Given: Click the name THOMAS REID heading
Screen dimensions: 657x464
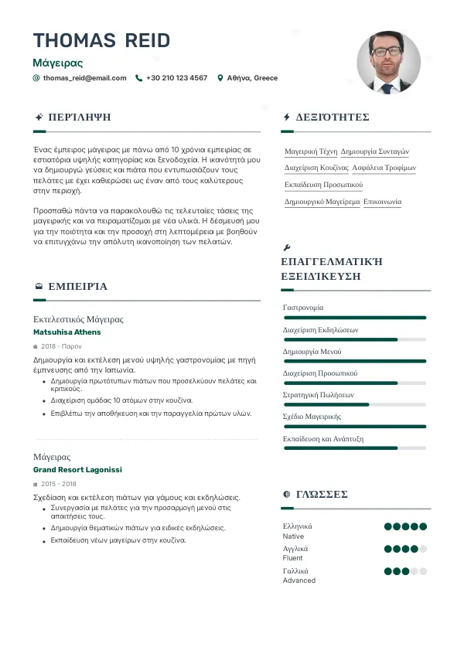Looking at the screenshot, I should pyautogui.click(x=101, y=40).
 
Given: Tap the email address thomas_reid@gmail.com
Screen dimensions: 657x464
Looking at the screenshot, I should pyautogui.click(x=84, y=78).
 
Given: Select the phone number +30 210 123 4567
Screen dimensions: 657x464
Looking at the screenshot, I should pyautogui.click(x=176, y=78).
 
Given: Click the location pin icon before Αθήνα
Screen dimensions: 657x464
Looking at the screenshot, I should pyautogui.click(x=220, y=78).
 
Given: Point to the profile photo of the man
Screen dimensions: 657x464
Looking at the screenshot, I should pyautogui.click(x=388, y=63).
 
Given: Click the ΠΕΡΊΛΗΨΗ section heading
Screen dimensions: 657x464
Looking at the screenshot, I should pyautogui.click(x=79, y=117).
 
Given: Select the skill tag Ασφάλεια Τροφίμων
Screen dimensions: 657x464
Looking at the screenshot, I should pyautogui.click(x=384, y=168).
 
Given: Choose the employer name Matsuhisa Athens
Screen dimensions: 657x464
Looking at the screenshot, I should pyautogui.click(x=67, y=332).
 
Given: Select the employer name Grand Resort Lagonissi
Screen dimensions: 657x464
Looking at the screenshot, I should pyautogui.click(x=77, y=470).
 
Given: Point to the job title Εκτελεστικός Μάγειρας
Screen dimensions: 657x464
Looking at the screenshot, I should pyautogui.click(x=78, y=319).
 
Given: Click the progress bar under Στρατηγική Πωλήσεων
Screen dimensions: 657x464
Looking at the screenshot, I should pyautogui.click(x=355, y=404).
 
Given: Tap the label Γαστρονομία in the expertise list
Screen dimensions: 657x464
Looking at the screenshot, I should pyautogui.click(x=303, y=308).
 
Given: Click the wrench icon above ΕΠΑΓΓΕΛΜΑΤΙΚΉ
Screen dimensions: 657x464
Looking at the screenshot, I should pyautogui.click(x=287, y=248).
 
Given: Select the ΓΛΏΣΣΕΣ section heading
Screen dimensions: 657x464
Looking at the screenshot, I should pyautogui.click(x=322, y=494).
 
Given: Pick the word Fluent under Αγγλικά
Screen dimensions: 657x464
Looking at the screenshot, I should pyautogui.click(x=293, y=558).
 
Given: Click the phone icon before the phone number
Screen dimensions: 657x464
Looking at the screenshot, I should pyautogui.click(x=138, y=78).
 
